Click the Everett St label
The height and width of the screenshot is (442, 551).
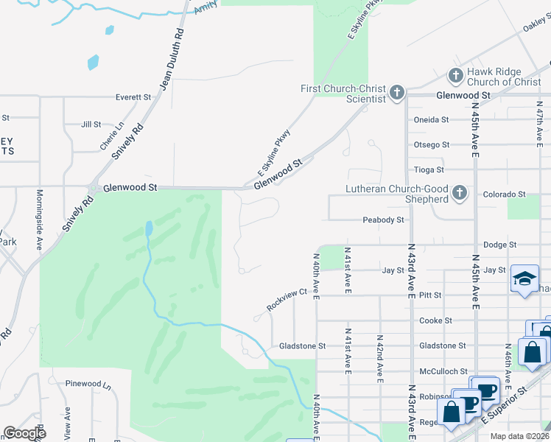[133, 97]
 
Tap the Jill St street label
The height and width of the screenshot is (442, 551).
[91, 124]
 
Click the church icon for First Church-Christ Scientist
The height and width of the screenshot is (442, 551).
[397, 93]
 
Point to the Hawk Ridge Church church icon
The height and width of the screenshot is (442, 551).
[456, 75]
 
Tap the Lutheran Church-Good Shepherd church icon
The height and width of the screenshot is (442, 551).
[460, 194]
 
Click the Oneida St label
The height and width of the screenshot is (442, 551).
[432, 119]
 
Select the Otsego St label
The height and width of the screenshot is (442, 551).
[432, 144]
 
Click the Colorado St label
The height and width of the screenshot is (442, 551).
[504, 194]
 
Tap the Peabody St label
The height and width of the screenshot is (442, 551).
[383, 220]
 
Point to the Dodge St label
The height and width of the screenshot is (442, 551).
[500, 245]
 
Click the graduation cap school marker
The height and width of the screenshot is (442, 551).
[524, 278]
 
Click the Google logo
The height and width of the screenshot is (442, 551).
[24, 433]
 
